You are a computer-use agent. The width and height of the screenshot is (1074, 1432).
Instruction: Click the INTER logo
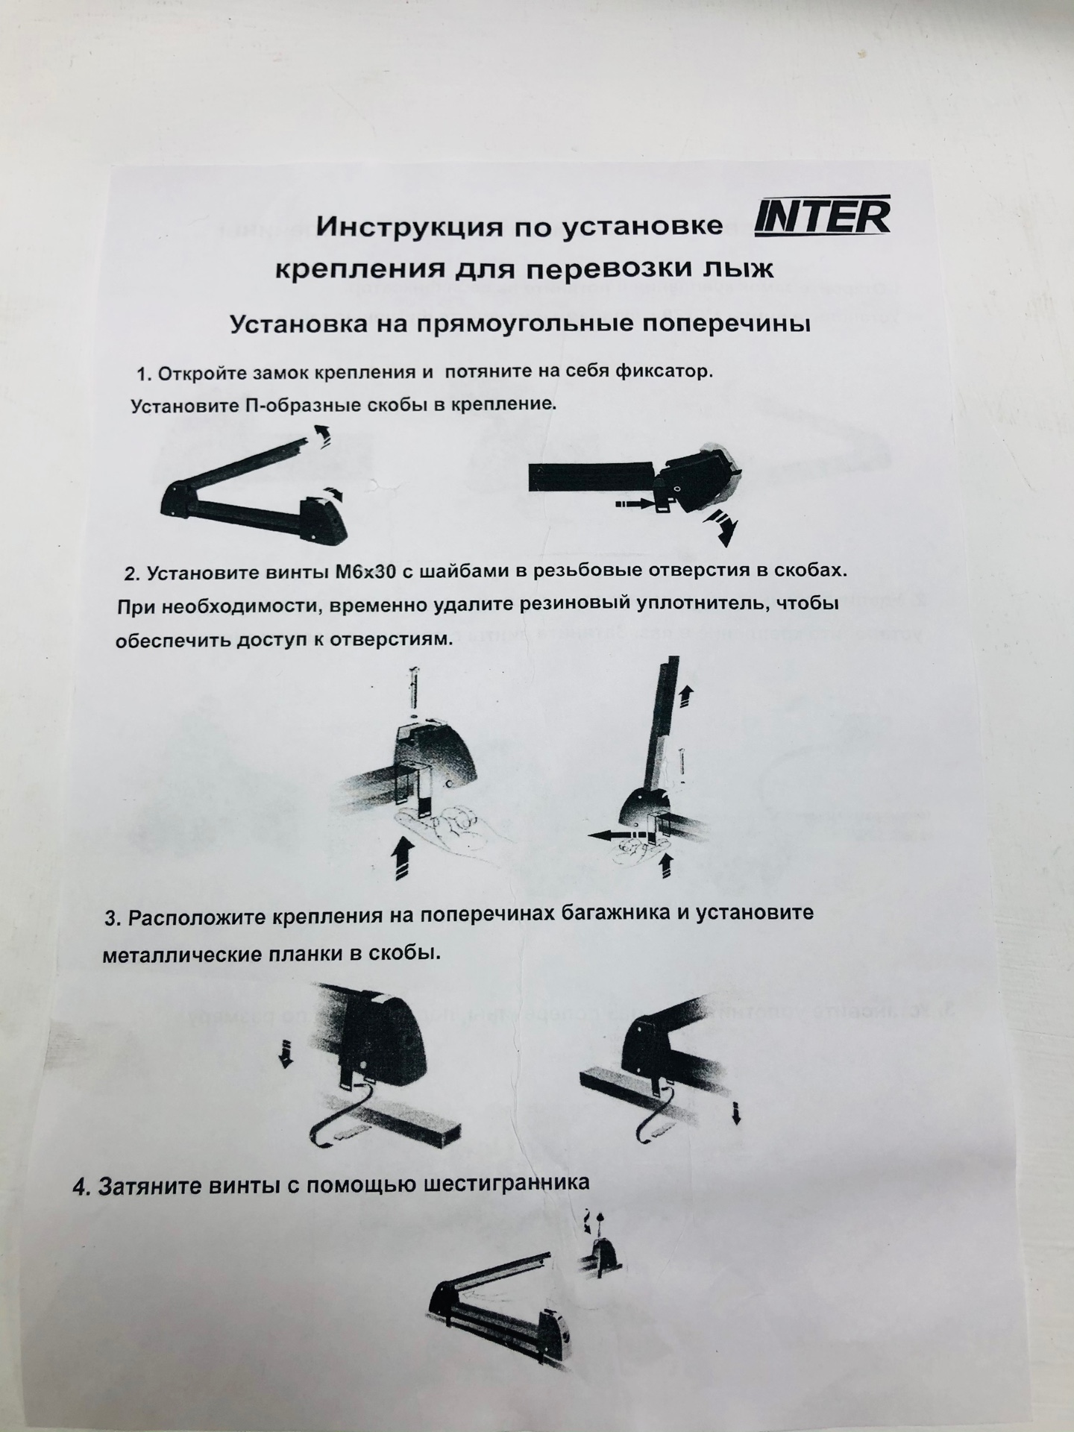pos(822,216)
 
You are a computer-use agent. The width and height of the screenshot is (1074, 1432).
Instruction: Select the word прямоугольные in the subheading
pos(528,325)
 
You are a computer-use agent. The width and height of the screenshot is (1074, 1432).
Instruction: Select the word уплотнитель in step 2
pos(714,603)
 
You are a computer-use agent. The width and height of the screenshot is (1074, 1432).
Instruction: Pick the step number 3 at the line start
pos(113,920)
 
